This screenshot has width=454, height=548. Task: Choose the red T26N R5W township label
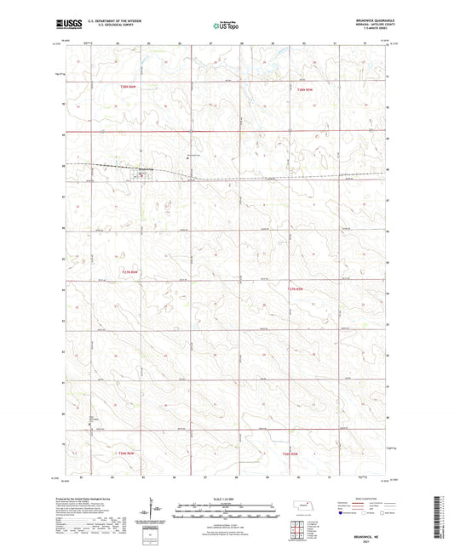pyautogui.click(x=291, y=454)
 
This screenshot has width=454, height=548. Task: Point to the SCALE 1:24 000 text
pyautogui.click(x=222, y=498)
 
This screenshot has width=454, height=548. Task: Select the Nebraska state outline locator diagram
pyautogui.click(x=303, y=506)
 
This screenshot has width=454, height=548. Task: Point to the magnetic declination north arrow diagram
pyautogui.click(x=154, y=512)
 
